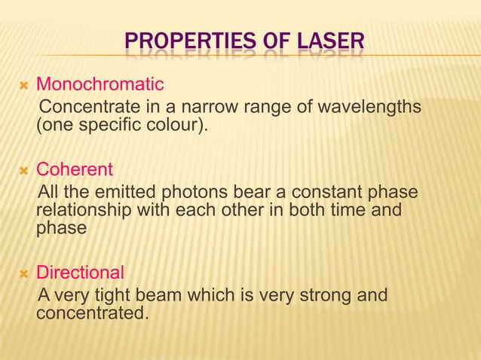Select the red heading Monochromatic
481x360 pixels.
(x=100, y=81)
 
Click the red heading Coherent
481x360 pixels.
(x=75, y=169)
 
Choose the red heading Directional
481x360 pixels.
(x=81, y=271)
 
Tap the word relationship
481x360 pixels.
(x=84, y=209)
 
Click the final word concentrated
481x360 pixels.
(x=89, y=312)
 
